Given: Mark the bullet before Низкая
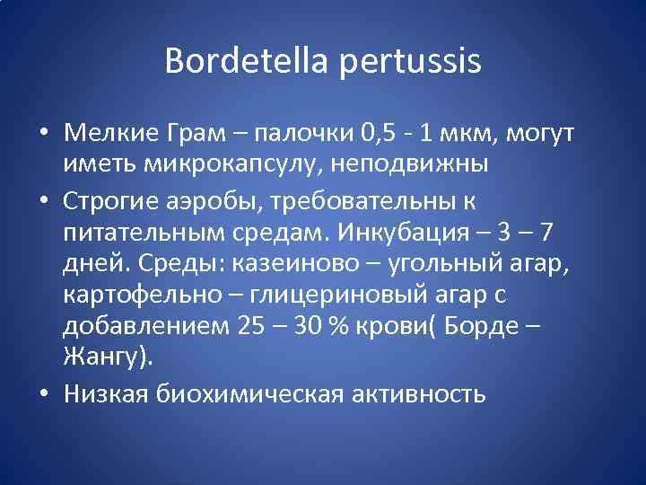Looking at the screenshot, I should (x=43, y=393).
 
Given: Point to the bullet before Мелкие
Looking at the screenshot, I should (x=43, y=136).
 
